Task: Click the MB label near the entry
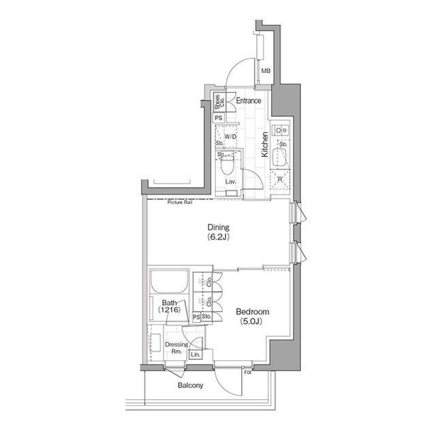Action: [266, 70]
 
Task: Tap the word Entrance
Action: [249, 101]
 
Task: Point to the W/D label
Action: [230, 137]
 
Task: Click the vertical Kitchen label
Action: [266, 145]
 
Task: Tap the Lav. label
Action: [231, 182]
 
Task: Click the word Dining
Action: [219, 227]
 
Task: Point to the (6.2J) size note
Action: [219, 238]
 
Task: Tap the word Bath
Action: [170, 302]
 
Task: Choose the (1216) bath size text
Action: [170, 310]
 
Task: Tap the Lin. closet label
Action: [196, 355]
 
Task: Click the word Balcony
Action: [190, 386]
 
